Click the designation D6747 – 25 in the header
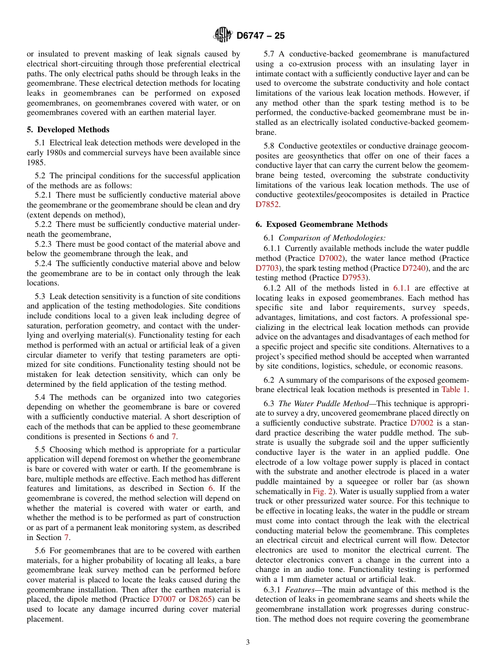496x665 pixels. coord(261,36)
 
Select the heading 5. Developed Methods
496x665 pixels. coord(68,130)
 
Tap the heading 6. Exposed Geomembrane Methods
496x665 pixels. coord(321,224)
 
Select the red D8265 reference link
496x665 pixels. coord(200,599)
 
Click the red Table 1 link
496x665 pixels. coord(454,389)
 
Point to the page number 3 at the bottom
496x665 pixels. coord(248,643)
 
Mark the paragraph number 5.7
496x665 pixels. coord(269,54)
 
